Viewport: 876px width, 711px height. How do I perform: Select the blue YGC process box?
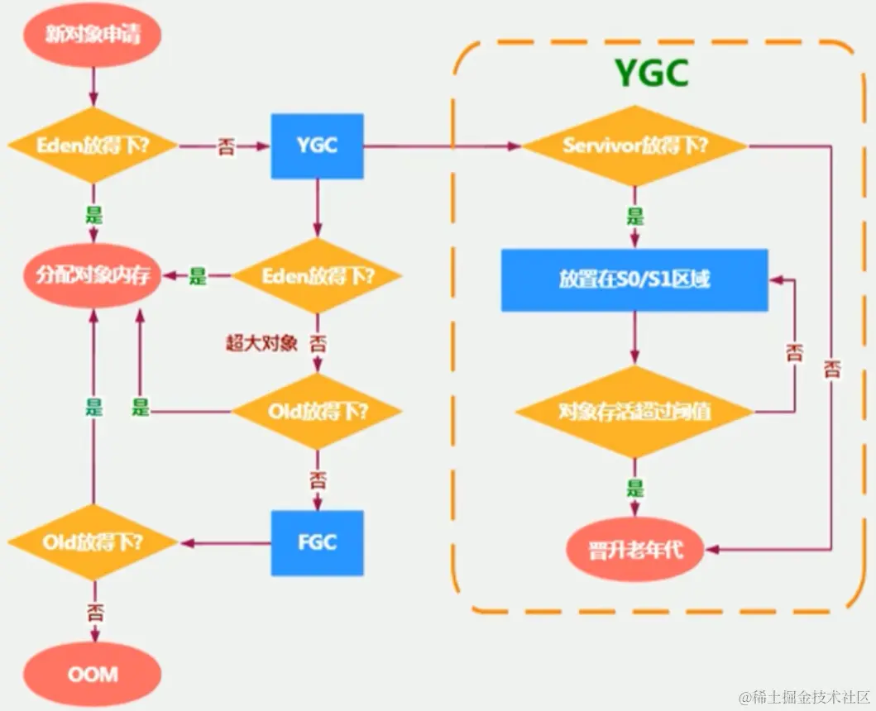pyautogui.click(x=317, y=146)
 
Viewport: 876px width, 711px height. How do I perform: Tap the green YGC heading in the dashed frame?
pyautogui.click(x=651, y=74)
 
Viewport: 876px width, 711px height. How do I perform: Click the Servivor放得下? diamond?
pyautogui.click(x=634, y=146)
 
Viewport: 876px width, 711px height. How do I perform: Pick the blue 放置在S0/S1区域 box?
pyautogui.click(x=634, y=280)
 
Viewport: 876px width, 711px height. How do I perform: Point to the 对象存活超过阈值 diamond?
pyautogui.click(x=634, y=412)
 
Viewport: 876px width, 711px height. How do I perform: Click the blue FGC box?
pyautogui.click(x=317, y=543)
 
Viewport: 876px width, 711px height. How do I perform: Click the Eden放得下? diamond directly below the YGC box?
pyautogui.click(x=317, y=276)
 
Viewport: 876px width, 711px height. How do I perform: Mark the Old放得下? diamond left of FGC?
pyautogui.click(x=93, y=543)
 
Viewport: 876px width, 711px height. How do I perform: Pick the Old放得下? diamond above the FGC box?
pyautogui.click(x=317, y=410)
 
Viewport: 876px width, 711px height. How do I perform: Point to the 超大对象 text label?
pyautogui.click(x=261, y=342)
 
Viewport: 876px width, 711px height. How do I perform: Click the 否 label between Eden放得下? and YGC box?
pyautogui.click(x=224, y=147)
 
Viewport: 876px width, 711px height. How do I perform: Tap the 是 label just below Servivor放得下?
pyautogui.click(x=634, y=218)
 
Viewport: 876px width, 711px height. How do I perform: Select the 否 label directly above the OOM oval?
pyautogui.click(x=93, y=612)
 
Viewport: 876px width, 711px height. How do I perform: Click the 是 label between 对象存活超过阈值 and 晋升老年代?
pyautogui.click(x=634, y=488)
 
